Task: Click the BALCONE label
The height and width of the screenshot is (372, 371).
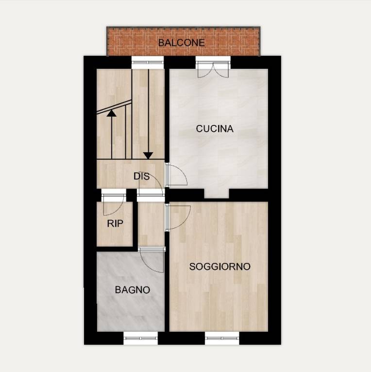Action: coord(182,43)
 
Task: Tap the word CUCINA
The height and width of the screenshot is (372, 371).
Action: coord(215,128)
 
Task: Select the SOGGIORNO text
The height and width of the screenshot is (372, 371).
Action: coord(220,266)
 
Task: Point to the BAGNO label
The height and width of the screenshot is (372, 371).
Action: coord(132,290)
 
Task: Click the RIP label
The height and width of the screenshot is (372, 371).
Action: coord(115,223)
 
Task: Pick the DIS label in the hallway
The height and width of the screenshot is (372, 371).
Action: coord(141,176)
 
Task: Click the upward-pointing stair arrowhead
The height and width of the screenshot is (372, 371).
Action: coord(111,113)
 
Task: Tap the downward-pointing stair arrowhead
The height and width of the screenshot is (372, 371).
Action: coord(149,155)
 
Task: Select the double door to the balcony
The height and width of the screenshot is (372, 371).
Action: coord(213,69)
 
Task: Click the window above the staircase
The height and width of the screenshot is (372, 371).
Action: coord(148,62)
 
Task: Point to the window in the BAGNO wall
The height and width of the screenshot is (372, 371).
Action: coord(140,338)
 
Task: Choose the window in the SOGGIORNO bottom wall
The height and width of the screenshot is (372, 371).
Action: coord(222,338)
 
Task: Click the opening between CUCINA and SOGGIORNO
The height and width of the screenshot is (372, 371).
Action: coord(217,193)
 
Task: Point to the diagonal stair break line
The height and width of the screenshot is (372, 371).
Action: coord(114,107)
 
